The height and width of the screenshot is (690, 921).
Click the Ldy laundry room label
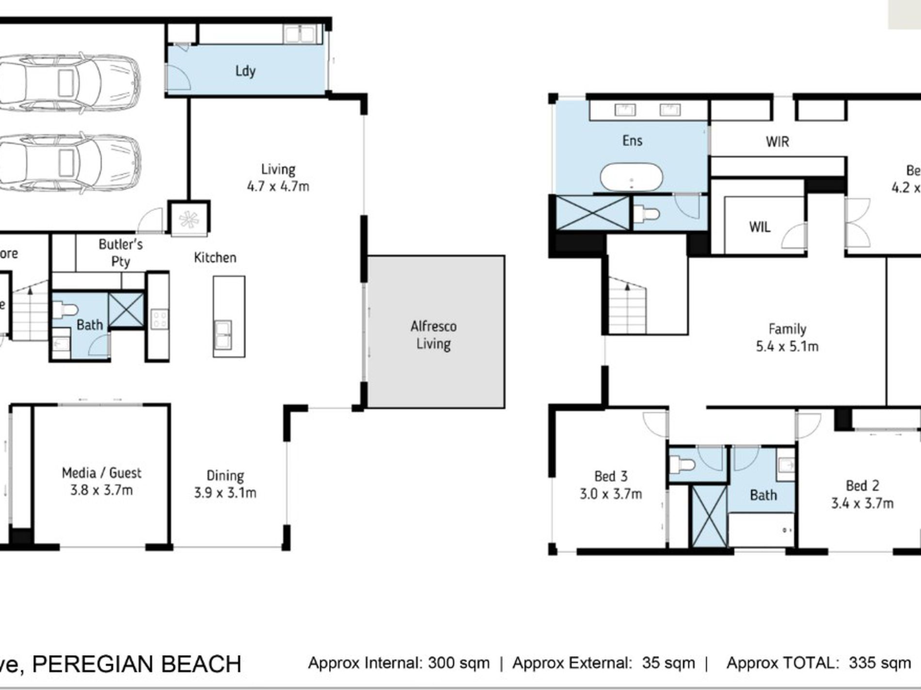click(245, 71)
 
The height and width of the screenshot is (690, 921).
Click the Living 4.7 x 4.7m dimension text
click(278, 186)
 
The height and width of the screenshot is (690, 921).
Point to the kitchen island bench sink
click(222, 334)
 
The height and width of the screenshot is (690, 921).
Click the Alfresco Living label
click(433, 335)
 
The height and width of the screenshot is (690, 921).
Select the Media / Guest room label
click(101, 473)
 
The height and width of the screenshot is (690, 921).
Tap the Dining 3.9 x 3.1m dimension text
click(225, 493)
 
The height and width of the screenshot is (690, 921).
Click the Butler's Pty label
click(120, 252)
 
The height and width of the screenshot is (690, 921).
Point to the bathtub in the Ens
click(631, 178)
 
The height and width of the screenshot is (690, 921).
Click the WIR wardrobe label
click(777, 142)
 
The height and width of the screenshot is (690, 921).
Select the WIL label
click(759, 227)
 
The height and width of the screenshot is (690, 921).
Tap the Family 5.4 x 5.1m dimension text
click(787, 347)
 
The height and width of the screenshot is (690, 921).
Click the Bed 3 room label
click(611, 476)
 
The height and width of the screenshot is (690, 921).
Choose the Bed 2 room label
click(862, 486)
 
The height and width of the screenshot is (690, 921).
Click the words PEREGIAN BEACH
click(137, 664)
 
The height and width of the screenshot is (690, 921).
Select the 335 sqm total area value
click(879, 663)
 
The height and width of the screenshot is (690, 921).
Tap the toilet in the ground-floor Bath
click(65, 309)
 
